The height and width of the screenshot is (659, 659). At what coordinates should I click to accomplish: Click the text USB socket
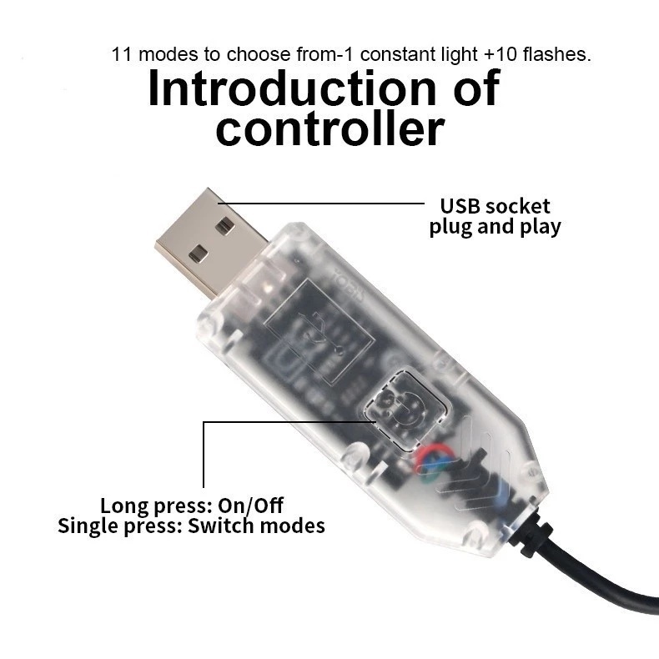(x=496, y=206)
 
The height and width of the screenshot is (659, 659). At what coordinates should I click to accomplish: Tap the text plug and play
(x=496, y=226)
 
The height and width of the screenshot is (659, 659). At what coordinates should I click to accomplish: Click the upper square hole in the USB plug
(x=224, y=225)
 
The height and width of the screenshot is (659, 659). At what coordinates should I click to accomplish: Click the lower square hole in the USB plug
(x=197, y=253)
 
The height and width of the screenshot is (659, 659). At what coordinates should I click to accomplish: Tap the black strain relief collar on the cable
(x=531, y=534)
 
